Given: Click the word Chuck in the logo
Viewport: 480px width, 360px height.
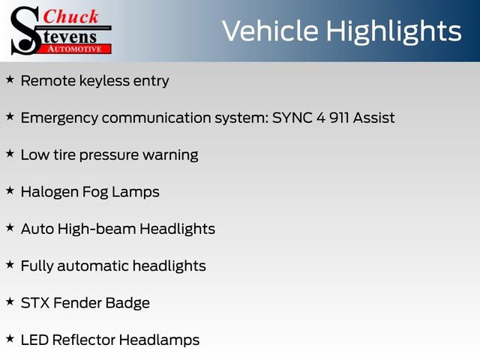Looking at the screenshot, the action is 70,16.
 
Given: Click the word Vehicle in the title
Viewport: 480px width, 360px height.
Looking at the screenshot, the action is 270,31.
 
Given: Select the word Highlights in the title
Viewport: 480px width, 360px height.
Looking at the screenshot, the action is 393,31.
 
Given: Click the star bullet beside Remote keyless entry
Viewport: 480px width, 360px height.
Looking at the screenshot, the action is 10,79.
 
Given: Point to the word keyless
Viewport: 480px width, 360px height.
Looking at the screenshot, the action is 104,82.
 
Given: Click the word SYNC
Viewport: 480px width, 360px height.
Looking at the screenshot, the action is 292,118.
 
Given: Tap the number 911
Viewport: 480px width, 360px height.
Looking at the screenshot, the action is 339,118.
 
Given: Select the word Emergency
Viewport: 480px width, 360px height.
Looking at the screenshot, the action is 59,118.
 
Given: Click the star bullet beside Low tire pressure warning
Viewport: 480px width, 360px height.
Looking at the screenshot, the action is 10,153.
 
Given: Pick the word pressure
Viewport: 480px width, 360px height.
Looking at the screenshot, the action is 109,156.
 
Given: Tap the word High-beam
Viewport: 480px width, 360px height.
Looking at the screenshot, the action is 97,229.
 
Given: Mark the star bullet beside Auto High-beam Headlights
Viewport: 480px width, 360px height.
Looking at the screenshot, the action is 10,227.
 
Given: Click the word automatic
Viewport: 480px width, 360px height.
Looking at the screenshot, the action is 93,265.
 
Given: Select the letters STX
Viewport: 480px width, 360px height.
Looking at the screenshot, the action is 35,303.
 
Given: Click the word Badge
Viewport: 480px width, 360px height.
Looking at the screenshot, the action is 127,304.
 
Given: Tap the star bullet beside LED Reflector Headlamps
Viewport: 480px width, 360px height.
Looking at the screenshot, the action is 10,338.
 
